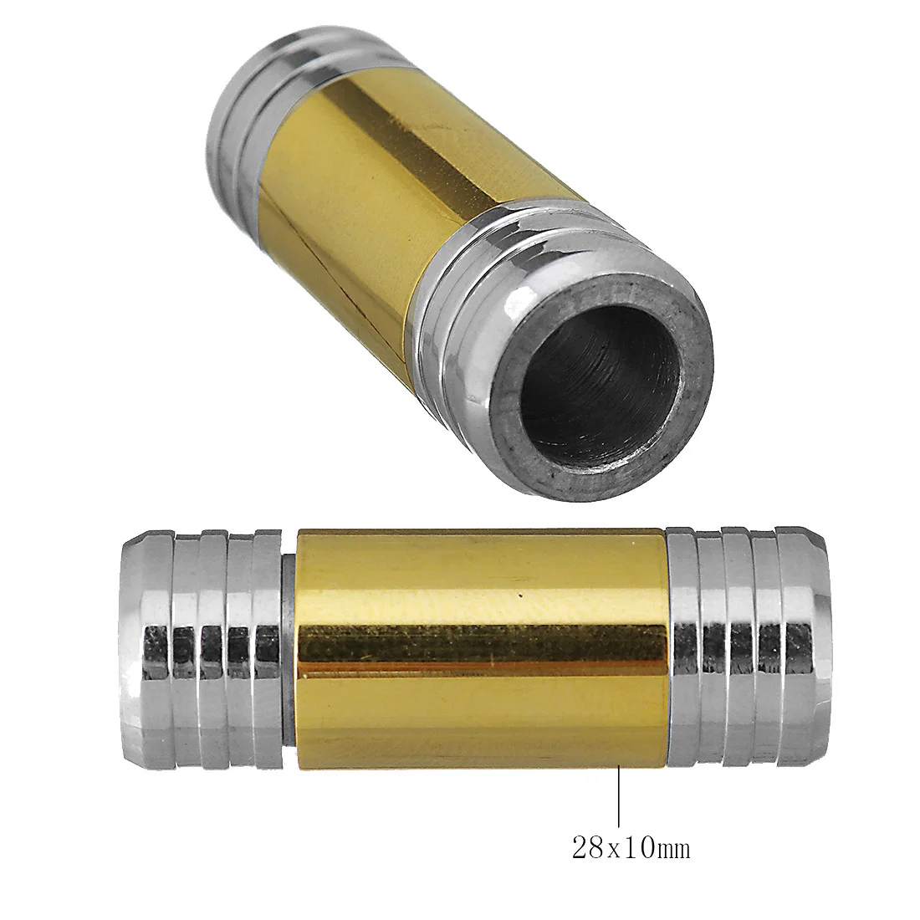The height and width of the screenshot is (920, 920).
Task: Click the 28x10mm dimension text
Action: (x=631, y=849)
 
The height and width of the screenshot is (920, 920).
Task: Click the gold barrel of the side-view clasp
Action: (x=481, y=585)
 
